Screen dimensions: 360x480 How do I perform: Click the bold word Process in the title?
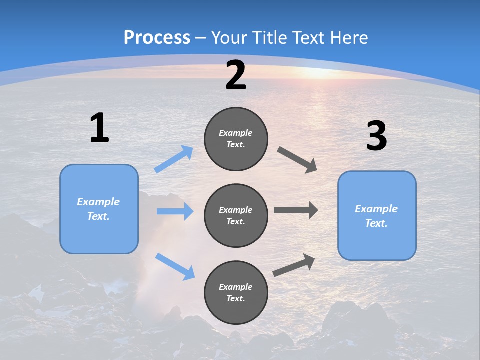[x=157, y=38]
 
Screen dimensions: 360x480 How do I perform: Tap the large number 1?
[x=99, y=128]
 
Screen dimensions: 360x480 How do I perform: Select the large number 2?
[x=236, y=75]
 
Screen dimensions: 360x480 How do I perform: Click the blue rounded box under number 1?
[x=99, y=209]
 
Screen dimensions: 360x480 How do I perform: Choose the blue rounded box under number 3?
[x=377, y=215]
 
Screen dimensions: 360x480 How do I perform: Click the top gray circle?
[x=236, y=139]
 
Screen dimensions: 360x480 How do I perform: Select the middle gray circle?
[x=236, y=215]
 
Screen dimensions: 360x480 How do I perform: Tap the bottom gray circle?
[x=236, y=292]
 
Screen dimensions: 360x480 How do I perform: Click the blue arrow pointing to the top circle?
[x=174, y=159]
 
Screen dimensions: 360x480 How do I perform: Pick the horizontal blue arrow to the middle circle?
[x=175, y=211]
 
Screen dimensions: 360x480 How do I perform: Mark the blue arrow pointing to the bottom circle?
[x=175, y=266]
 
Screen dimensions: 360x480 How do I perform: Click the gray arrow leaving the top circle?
[x=297, y=160]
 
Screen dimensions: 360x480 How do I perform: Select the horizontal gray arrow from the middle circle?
[x=296, y=210]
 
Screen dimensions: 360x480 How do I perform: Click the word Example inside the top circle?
[x=236, y=133]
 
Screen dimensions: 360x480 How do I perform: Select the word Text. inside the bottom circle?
[x=236, y=298]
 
